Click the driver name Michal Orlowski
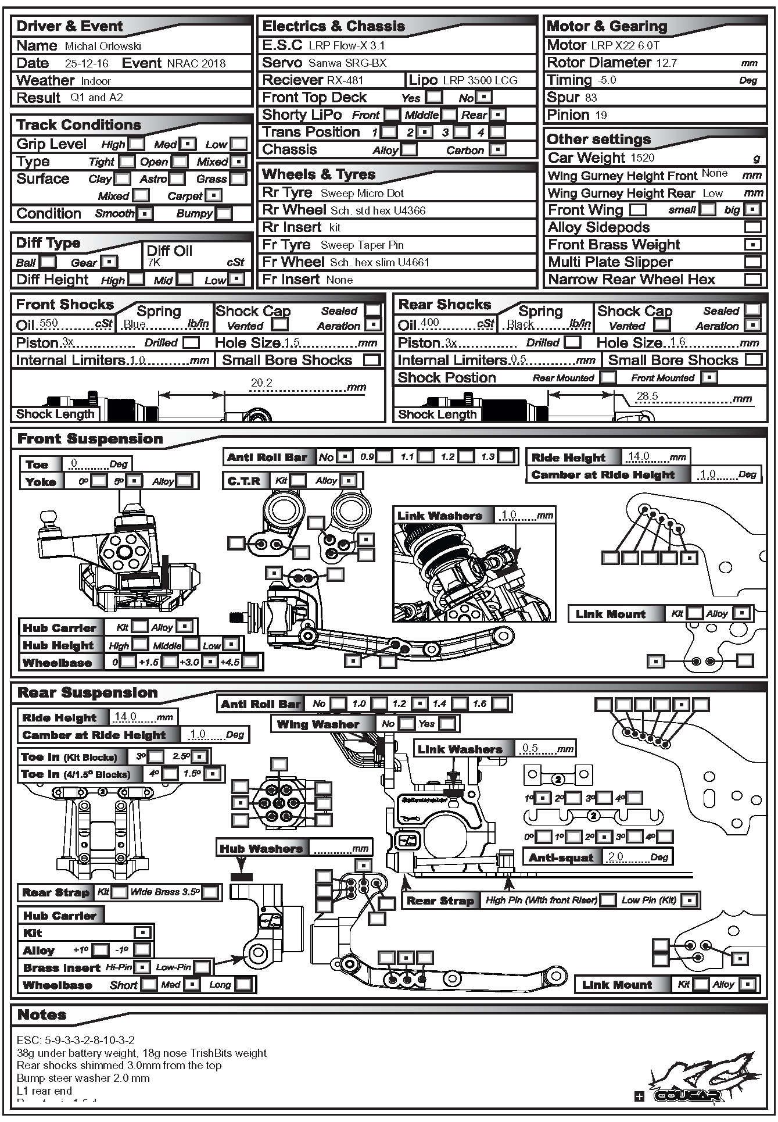click(103, 46)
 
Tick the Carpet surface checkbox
click(214, 196)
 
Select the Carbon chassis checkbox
click(497, 149)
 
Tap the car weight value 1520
click(642, 158)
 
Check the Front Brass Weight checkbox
click(752, 245)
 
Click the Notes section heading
click(42, 1015)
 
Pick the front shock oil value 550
click(49, 323)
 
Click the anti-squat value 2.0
click(615, 856)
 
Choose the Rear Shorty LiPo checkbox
click(498, 115)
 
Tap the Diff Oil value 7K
click(153, 263)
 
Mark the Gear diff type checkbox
click(109, 262)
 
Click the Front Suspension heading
click(90, 439)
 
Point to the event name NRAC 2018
click(196, 63)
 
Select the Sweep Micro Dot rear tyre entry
click(362, 193)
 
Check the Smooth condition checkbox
click(144, 213)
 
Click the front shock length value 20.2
click(261, 383)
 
